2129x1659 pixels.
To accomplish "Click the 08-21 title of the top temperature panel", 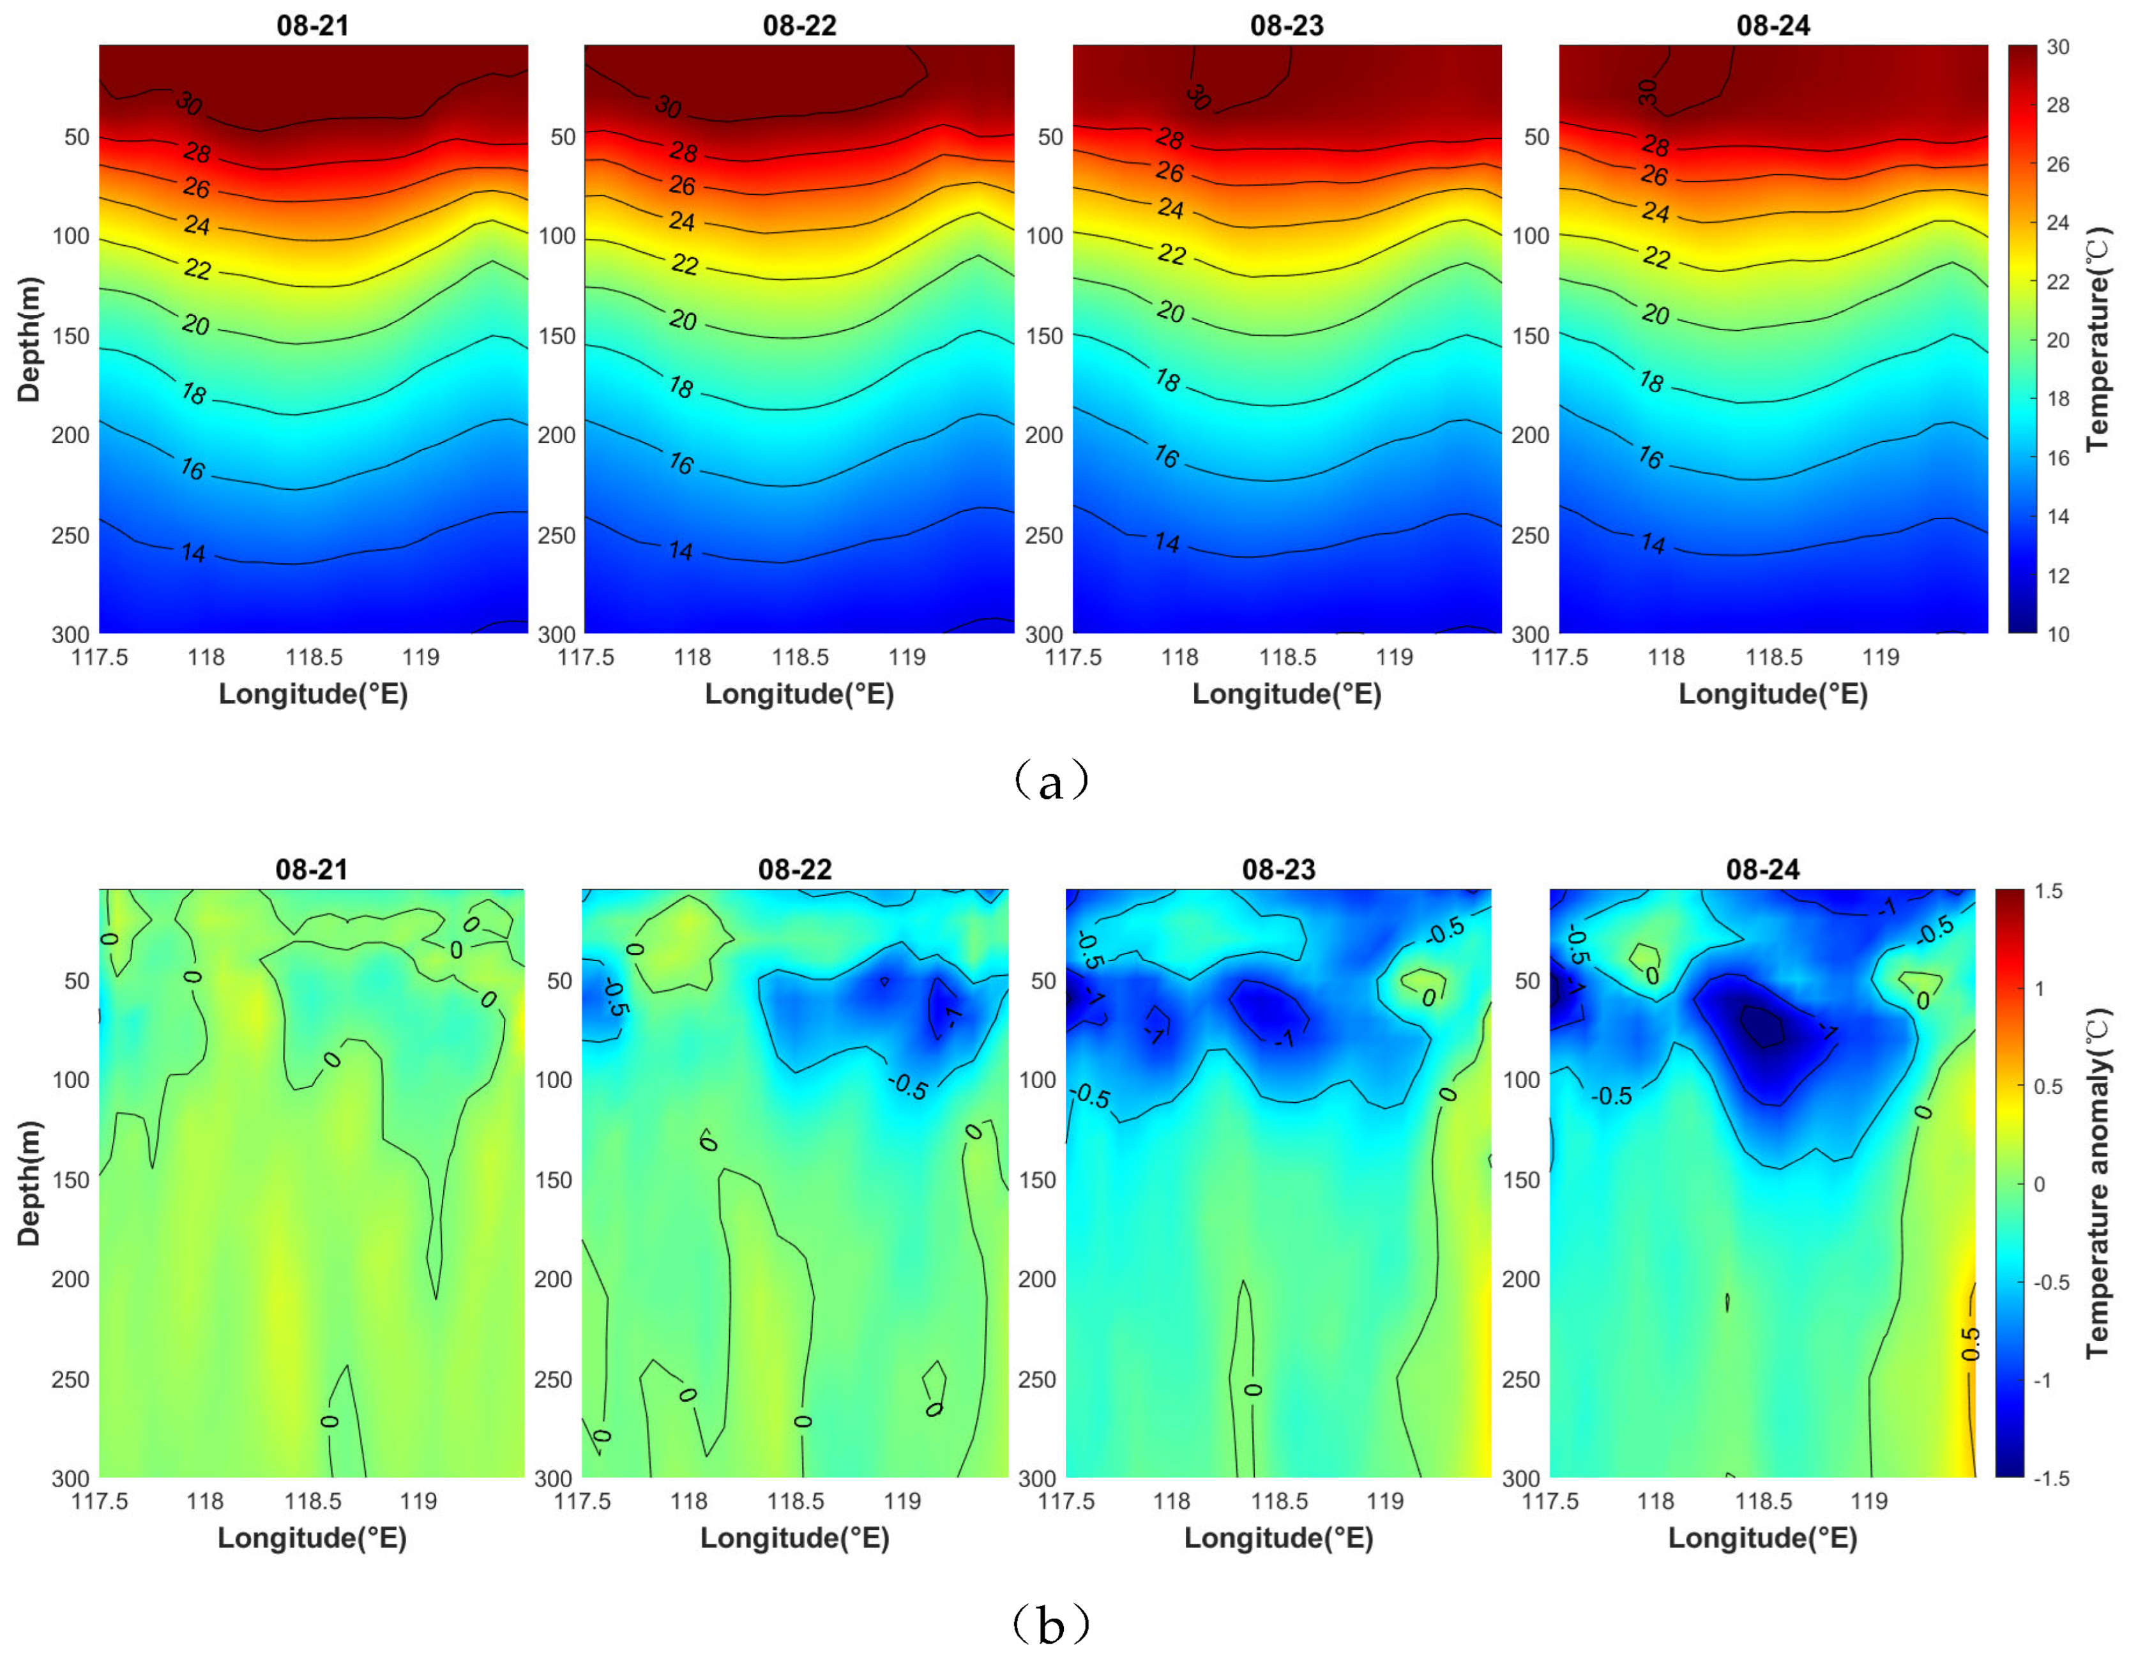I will click(x=312, y=26).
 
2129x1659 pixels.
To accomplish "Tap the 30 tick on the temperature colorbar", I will click(x=2057, y=47).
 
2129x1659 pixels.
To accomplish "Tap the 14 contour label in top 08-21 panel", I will click(x=193, y=552).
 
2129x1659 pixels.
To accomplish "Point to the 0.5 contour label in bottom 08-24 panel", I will click(x=1970, y=1344).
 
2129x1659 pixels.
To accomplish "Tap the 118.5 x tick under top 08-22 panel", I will click(x=799, y=657).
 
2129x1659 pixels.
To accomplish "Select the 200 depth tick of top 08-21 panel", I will click(x=70, y=435).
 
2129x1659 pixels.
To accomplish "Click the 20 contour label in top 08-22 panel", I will click(x=683, y=320).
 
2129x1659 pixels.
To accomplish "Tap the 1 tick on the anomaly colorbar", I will click(x=2040, y=989).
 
